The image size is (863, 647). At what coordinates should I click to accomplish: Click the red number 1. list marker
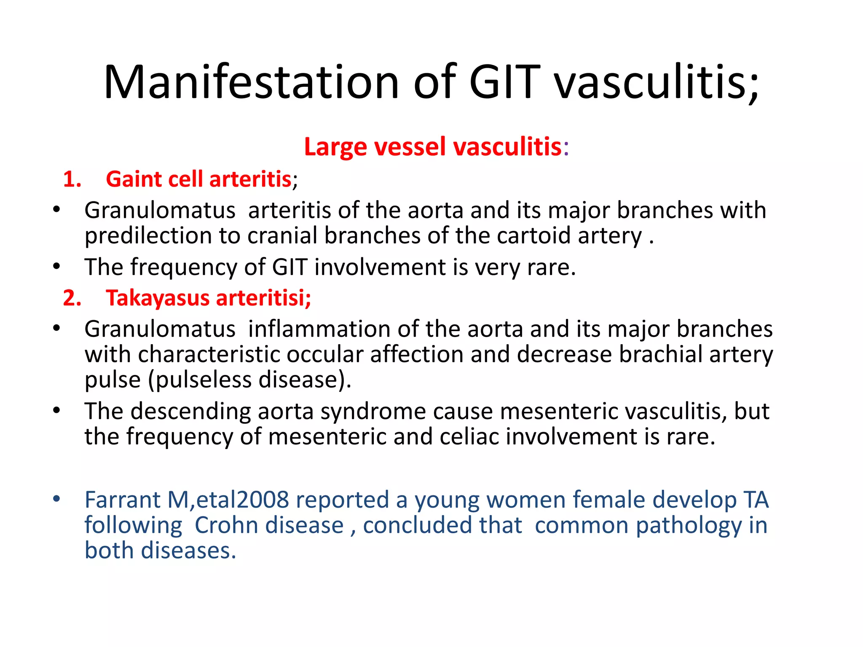point(72,179)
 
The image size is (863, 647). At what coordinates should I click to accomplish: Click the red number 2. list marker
point(72,298)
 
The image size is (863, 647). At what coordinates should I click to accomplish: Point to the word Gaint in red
point(133,179)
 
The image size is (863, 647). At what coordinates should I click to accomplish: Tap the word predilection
point(148,235)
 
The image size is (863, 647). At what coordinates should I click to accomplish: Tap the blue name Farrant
point(123,500)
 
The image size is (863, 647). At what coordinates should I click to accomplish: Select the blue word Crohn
point(226,525)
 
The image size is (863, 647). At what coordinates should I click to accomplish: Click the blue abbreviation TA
point(756,500)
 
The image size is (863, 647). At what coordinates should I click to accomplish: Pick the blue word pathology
point(688,526)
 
